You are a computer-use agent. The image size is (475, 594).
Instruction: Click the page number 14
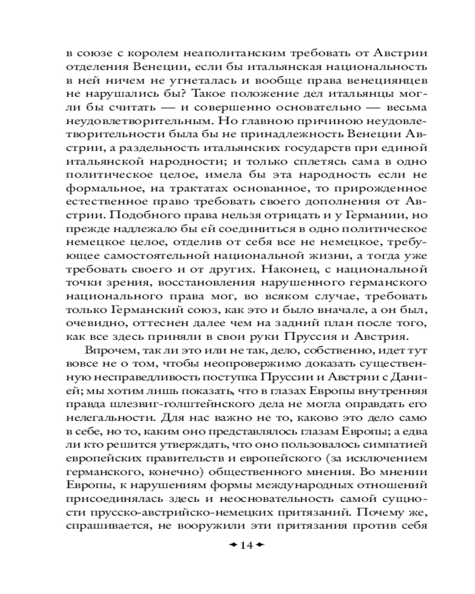pos(245,545)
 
